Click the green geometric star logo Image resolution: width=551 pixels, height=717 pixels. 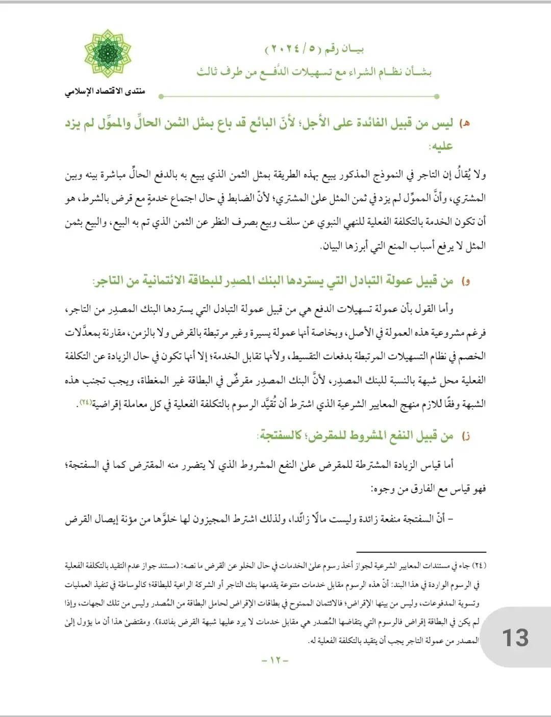coord(108,54)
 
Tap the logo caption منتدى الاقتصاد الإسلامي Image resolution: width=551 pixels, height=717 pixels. coord(105,92)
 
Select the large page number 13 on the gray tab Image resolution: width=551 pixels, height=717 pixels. coord(515,638)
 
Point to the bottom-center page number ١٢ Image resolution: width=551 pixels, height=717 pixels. coord(275,660)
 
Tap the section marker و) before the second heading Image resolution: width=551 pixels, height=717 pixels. coord(465,281)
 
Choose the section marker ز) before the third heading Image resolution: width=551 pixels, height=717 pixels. coord(465,436)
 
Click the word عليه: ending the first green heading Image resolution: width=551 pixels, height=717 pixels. coord(441,147)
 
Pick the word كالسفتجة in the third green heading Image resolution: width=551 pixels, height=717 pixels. coord(280,436)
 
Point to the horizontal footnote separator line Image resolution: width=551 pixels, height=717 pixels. coord(421,552)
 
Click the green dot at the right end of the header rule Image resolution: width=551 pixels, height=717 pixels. coord(437,96)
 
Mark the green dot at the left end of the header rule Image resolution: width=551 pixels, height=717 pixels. coord(161,96)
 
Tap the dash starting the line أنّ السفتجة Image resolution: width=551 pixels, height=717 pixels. coord(450,519)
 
